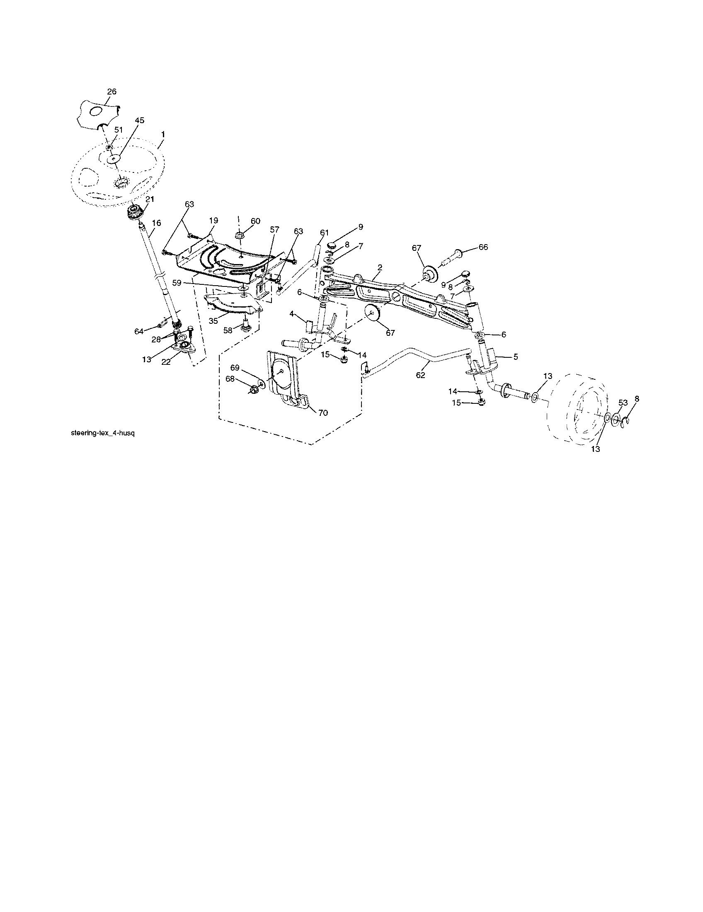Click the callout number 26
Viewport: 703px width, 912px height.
pyautogui.click(x=112, y=92)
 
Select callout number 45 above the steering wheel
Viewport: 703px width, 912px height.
pyautogui.click(x=139, y=120)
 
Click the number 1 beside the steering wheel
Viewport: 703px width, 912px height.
pyautogui.click(x=163, y=135)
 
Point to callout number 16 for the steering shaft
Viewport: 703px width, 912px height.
pyautogui.click(x=156, y=223)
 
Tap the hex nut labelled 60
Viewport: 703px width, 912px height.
pyautogui.click(x=240, y=235)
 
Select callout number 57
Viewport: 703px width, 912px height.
pyautogui.click(x=274, y=229)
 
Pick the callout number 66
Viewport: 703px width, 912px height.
pyautogui.click(x=483, y=247)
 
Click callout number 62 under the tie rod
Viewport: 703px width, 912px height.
pyautogui.click(x=420, y=375)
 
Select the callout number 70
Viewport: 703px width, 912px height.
pyautogui.click(x=323, y=412)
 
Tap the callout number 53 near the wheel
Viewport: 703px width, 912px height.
pyautogui.click(x=623, y=403)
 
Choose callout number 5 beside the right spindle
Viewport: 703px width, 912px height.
pyautogui.click(x=516, y=357)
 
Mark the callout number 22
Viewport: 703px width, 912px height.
pyautogui.click(x=166, y=362)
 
